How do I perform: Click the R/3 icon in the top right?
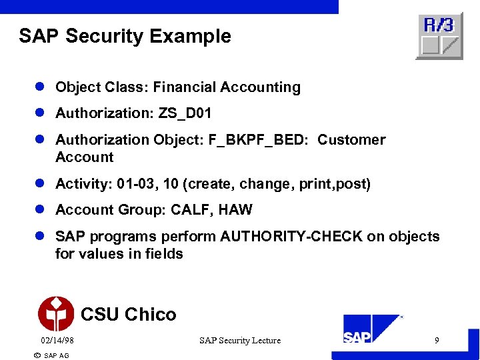tap(439, 36)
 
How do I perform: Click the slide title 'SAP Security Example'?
tap(125, 36)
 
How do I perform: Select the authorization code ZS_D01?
tap(185, 114)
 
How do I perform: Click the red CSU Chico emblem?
tap(56, 313)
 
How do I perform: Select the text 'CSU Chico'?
tap(128, 314)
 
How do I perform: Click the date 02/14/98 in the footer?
tap(57, 341)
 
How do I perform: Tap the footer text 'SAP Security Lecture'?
tap(240, 341)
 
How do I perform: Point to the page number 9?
tap(437, 341)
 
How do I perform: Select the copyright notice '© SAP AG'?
tap(51, 355)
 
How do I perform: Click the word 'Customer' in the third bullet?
tap(351, 140)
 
